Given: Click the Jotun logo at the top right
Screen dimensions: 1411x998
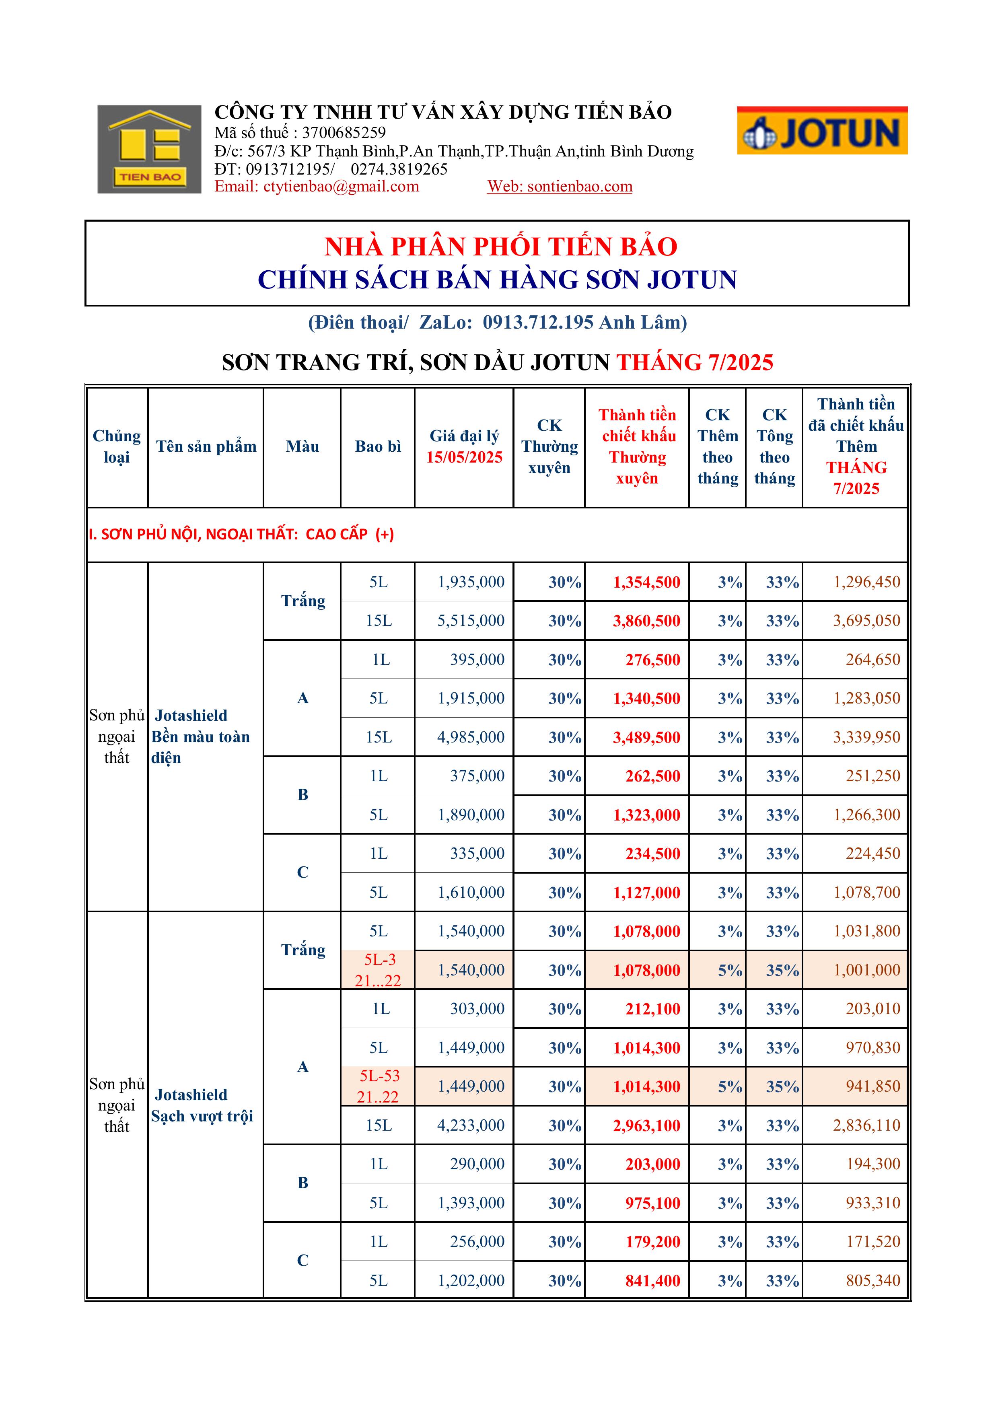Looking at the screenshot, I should click(x=822, y=131).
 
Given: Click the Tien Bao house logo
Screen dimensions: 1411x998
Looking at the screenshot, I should click(x=149, y=149).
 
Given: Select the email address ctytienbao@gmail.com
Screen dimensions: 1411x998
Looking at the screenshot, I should click(x=341, y=186).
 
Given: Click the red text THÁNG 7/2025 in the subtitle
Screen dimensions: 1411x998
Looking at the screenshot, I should click(x=694, y=362).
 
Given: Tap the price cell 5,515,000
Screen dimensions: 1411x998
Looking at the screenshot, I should click(x=471, y=621).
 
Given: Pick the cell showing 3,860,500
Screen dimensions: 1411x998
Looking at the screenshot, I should click(x=646, y=621).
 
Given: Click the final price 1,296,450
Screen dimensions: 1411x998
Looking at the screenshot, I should click(x=866, y=582).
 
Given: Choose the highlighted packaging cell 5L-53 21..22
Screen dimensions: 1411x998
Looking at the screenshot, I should click(x=378, y=1086).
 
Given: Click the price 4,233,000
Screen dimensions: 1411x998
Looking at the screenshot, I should click(x=471, y=1125).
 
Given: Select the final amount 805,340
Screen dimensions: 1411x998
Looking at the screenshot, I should click(x=872, y=1281).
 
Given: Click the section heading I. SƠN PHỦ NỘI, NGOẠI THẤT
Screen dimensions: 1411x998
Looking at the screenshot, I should click(x=241, y=534).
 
